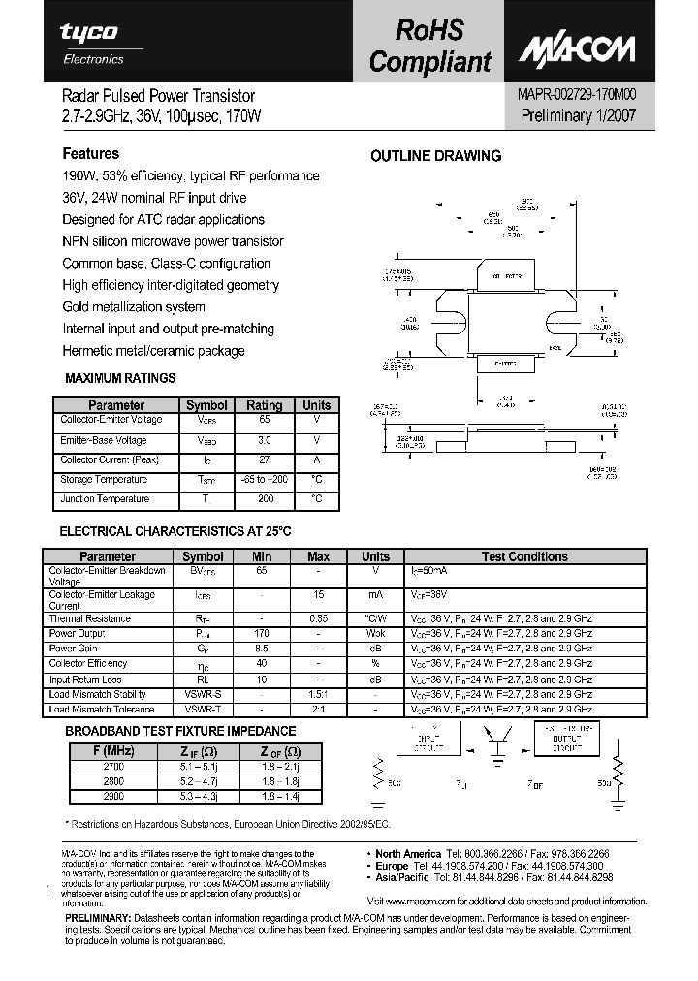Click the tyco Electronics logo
[x=88, y=43]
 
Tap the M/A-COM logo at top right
[x=580, y=49]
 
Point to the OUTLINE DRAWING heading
[x=436, y=156]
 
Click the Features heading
[x=90, y=153]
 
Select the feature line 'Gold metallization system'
[x=133, y=307]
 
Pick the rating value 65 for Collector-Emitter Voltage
[x=264, y=421]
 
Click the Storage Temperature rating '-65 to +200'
[x=264, y=480]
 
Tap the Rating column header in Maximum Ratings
[x=264, y=405]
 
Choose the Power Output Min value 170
[x=262, y=634]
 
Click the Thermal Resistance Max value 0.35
[x=318, y=618]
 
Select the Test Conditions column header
[x=524, y=556]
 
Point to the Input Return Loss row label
[x=84, y=680]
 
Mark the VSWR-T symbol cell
[x=203, y=710]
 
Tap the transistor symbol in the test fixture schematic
[x=502, y=744]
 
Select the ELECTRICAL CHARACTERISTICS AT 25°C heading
[x=175, y=532]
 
